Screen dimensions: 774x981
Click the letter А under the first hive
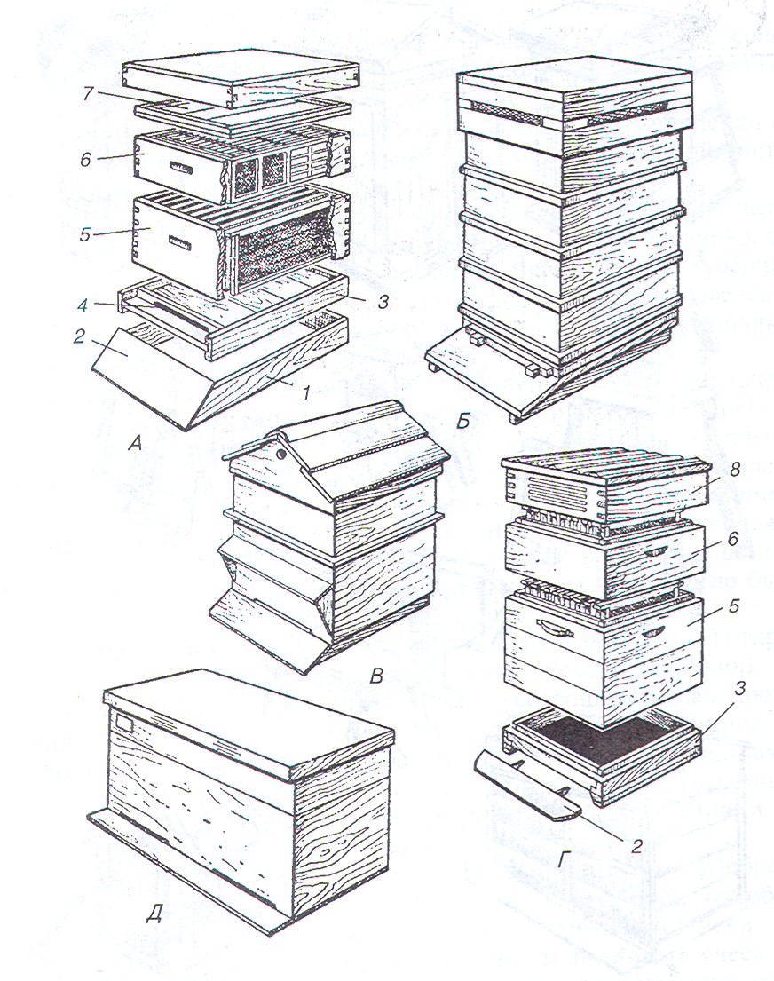click(x=135, y=444)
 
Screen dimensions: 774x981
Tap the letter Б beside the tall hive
click(x=462, y=422)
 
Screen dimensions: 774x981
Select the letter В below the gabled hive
click(x=376, y=677)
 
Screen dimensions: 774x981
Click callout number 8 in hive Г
click(x=736, y=469)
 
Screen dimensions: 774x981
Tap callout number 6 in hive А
click(x=85, y=159)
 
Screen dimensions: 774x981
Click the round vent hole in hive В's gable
click(x=281, y=454)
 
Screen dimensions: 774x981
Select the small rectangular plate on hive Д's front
click(x=124, y=724)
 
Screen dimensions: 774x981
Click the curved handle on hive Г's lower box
click(x=556, y=629)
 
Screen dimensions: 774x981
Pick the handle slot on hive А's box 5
click(x=180, y=241)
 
